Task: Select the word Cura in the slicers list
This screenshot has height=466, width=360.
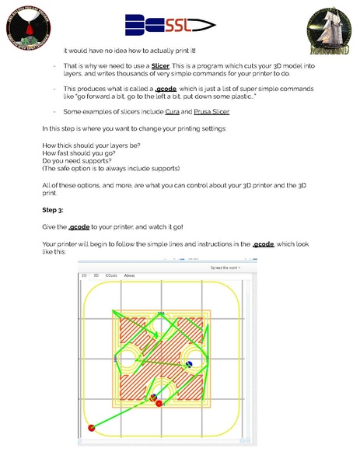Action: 173,112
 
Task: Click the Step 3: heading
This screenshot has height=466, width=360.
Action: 54,210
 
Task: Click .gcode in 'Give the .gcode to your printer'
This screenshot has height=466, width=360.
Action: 79,227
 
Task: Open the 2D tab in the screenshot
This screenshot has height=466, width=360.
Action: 84,275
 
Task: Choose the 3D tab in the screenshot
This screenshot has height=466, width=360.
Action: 96,275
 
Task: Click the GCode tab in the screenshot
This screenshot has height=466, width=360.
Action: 110,275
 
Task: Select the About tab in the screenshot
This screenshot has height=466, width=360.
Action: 130,275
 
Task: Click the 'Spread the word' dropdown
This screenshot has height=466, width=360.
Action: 225,267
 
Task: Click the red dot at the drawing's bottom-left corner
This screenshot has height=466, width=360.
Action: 92,426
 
